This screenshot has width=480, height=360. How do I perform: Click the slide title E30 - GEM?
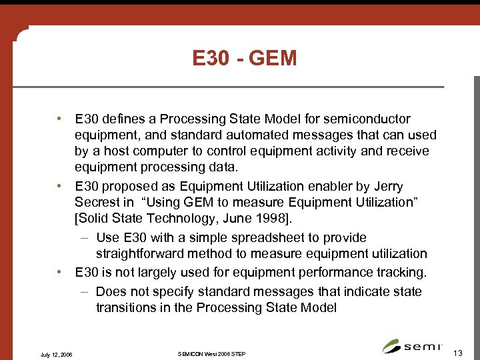[244, 59]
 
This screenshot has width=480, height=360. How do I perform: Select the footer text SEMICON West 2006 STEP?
[212, 353]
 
